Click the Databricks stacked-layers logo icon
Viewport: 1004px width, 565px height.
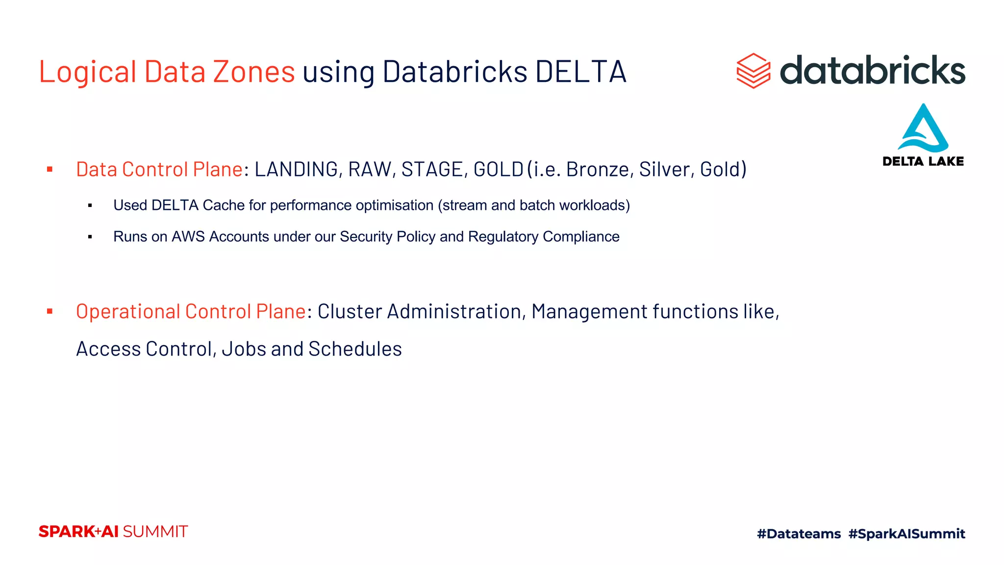click(x=753, y=71)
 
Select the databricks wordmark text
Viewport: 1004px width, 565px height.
click(x=872, y=70)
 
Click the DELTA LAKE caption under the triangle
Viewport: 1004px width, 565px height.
click(x=923, y=161)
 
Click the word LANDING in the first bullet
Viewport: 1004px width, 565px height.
click(x=296, y=170)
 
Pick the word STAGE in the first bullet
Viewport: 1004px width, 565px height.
click(x=431, y=170)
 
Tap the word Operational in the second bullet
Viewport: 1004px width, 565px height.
click(x=128, y=312)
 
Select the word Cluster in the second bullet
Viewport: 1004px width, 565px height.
click(x=350, y=312)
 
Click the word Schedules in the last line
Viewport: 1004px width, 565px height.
click(x=355, y=349)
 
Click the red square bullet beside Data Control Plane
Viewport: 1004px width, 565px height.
click(x=50, y=170)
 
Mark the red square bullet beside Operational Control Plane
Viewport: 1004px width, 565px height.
click(x=50, y=311)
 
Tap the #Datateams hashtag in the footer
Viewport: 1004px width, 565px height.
click(x=799, y=534)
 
